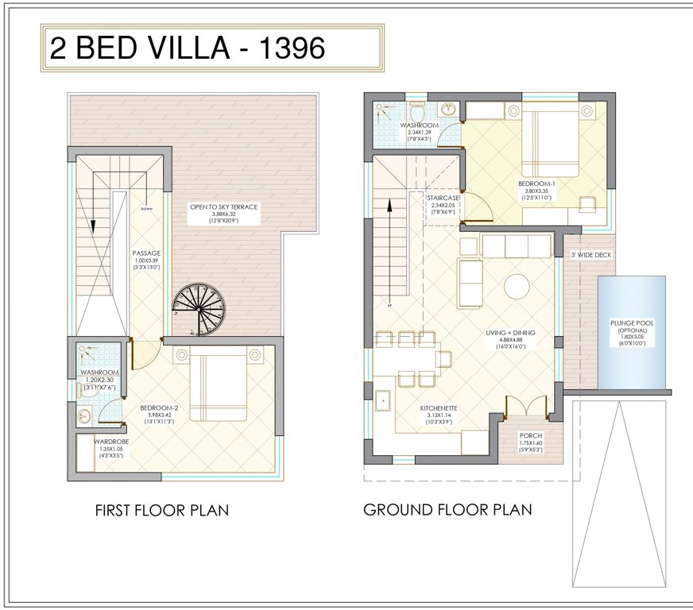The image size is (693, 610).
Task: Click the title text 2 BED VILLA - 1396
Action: [x=188, y=48]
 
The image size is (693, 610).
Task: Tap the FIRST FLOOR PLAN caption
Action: [x=161, y=510]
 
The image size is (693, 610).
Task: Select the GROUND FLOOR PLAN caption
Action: [x=447, y=509]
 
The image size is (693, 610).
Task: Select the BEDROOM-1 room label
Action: [x=536, y=183]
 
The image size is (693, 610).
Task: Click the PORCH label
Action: [x=530, y=435]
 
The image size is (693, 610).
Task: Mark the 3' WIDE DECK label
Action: [x=593, y=254]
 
